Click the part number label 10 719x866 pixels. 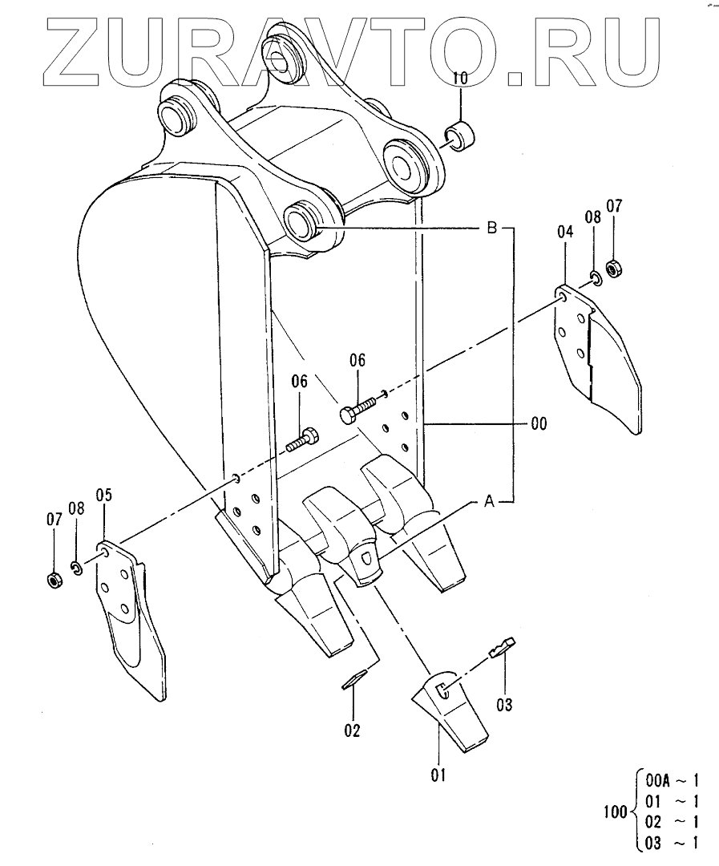[x=460, y=78]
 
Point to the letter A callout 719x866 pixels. [x=488, y=502]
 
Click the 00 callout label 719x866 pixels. [x=538, y=423]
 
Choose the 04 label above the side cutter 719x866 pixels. [x=565, y=232]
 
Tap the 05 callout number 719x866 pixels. [x=104, y=494]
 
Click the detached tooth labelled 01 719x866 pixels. [x=449, y=710]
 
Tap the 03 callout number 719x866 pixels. [x=504, y=706]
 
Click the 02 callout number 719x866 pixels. [x=352, y=730]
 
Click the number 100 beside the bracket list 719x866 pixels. [x=615, y=812]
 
